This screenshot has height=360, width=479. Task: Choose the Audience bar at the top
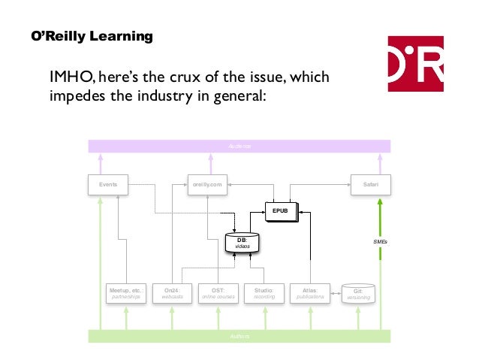[239, 146]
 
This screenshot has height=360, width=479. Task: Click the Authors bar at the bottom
[239, 336]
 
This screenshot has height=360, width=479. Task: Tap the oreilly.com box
[207, 183]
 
